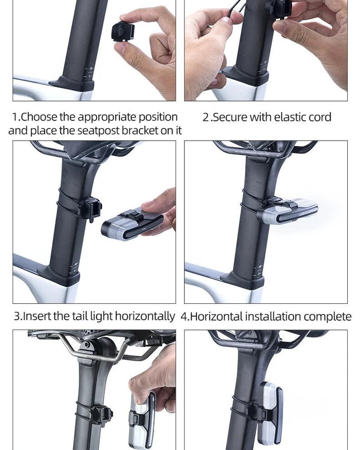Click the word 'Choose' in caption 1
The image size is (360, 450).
coord(39,117)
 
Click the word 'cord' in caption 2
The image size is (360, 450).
coord(320,117)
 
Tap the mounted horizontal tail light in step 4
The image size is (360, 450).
coord(288,211)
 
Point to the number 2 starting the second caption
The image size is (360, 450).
coord(206,117)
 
